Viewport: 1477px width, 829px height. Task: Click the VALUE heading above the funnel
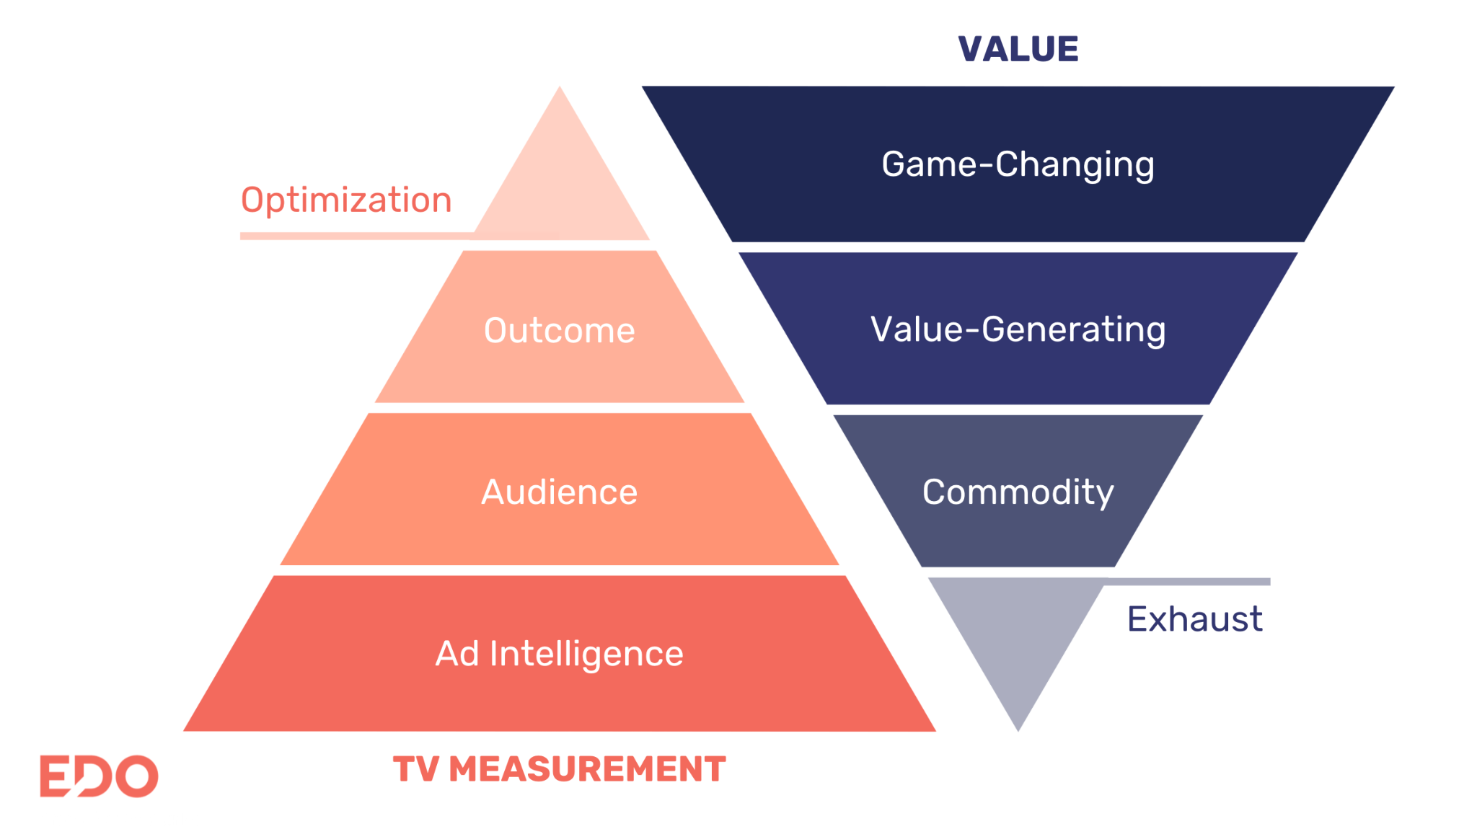[1018, 49]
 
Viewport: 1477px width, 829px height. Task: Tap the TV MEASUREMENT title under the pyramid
[559, 768]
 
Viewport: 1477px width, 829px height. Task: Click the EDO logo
[99, 776]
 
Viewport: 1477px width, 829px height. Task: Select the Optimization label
[346, 200]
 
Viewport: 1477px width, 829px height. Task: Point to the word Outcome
[559, 330]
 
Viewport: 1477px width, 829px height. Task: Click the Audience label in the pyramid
[559, 492]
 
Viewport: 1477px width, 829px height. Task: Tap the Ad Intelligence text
[559, 654]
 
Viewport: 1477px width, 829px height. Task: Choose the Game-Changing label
[1018, 164]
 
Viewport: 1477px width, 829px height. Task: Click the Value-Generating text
[1018, 329]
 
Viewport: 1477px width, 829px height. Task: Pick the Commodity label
[1018, 492]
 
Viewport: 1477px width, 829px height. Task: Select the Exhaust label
[1194, 619]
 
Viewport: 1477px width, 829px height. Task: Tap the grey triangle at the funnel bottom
[1017, 634]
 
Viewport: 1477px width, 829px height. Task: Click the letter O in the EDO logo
[137, 776]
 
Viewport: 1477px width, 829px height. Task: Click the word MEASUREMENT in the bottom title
[587, 768]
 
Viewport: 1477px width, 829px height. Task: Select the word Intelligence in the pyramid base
[586, 654]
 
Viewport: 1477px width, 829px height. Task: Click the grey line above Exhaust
[1190, 581]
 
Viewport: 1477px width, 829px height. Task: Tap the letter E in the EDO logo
[53, 776]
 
